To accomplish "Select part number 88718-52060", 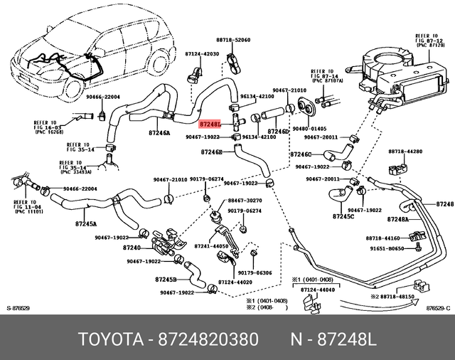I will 235,41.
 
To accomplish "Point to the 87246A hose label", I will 159,132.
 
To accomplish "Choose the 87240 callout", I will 132,248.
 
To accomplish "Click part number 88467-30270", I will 244,201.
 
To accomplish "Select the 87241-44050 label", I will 211,246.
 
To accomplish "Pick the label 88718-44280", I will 405,152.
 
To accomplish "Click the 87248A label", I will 398,220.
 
